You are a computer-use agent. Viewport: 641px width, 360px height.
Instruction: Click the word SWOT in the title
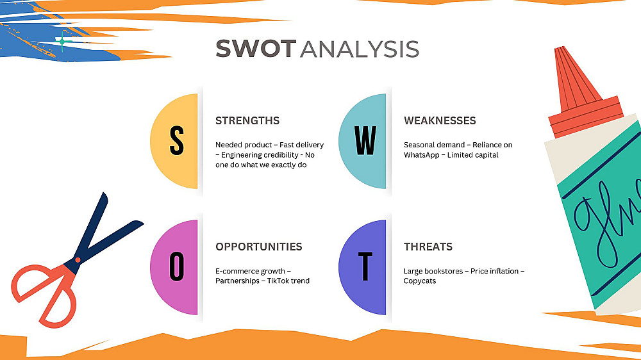(256, 49)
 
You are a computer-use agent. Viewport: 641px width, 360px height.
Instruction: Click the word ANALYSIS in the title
(360, 49)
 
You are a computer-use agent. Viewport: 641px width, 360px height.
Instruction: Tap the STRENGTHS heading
(247, 120)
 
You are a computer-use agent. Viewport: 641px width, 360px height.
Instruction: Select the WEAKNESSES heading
(440, 120)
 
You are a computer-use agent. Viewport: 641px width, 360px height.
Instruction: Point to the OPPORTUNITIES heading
(259, 247)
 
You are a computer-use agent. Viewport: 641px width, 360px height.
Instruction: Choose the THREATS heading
(428, 247)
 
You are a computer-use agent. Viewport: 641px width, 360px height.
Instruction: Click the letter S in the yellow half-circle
(177, 140)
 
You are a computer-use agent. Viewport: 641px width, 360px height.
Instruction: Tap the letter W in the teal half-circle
(365, 140)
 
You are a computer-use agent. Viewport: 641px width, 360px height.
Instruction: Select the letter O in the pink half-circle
(177, 266)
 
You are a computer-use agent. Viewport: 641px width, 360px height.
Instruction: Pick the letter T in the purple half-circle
(365, 266)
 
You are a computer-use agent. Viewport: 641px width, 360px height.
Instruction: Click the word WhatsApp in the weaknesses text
(422, 155)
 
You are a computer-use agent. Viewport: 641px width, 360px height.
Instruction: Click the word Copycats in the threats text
(419, 281)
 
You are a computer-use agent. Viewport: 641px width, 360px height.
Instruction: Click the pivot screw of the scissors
(78, 260)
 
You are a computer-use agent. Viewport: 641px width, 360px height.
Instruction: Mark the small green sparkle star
(62, 41)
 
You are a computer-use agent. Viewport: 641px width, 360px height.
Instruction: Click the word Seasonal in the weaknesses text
(419, 145)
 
